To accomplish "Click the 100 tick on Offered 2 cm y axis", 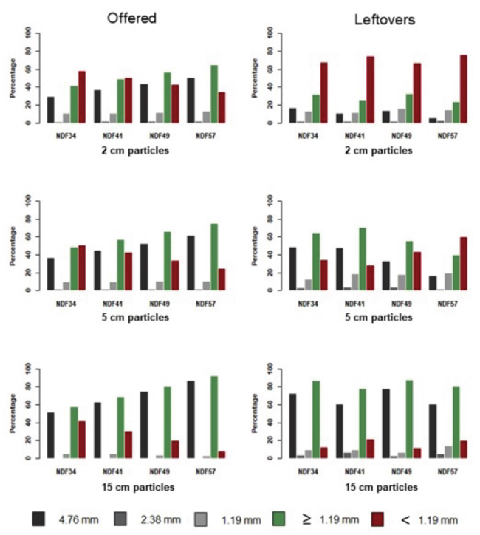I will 27,33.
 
